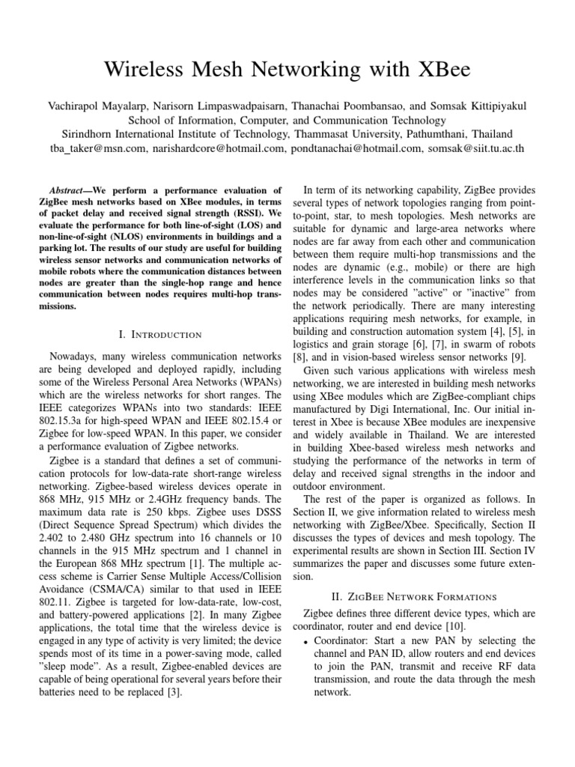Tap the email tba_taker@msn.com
coord(90,148)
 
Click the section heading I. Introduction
coord(160,333)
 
